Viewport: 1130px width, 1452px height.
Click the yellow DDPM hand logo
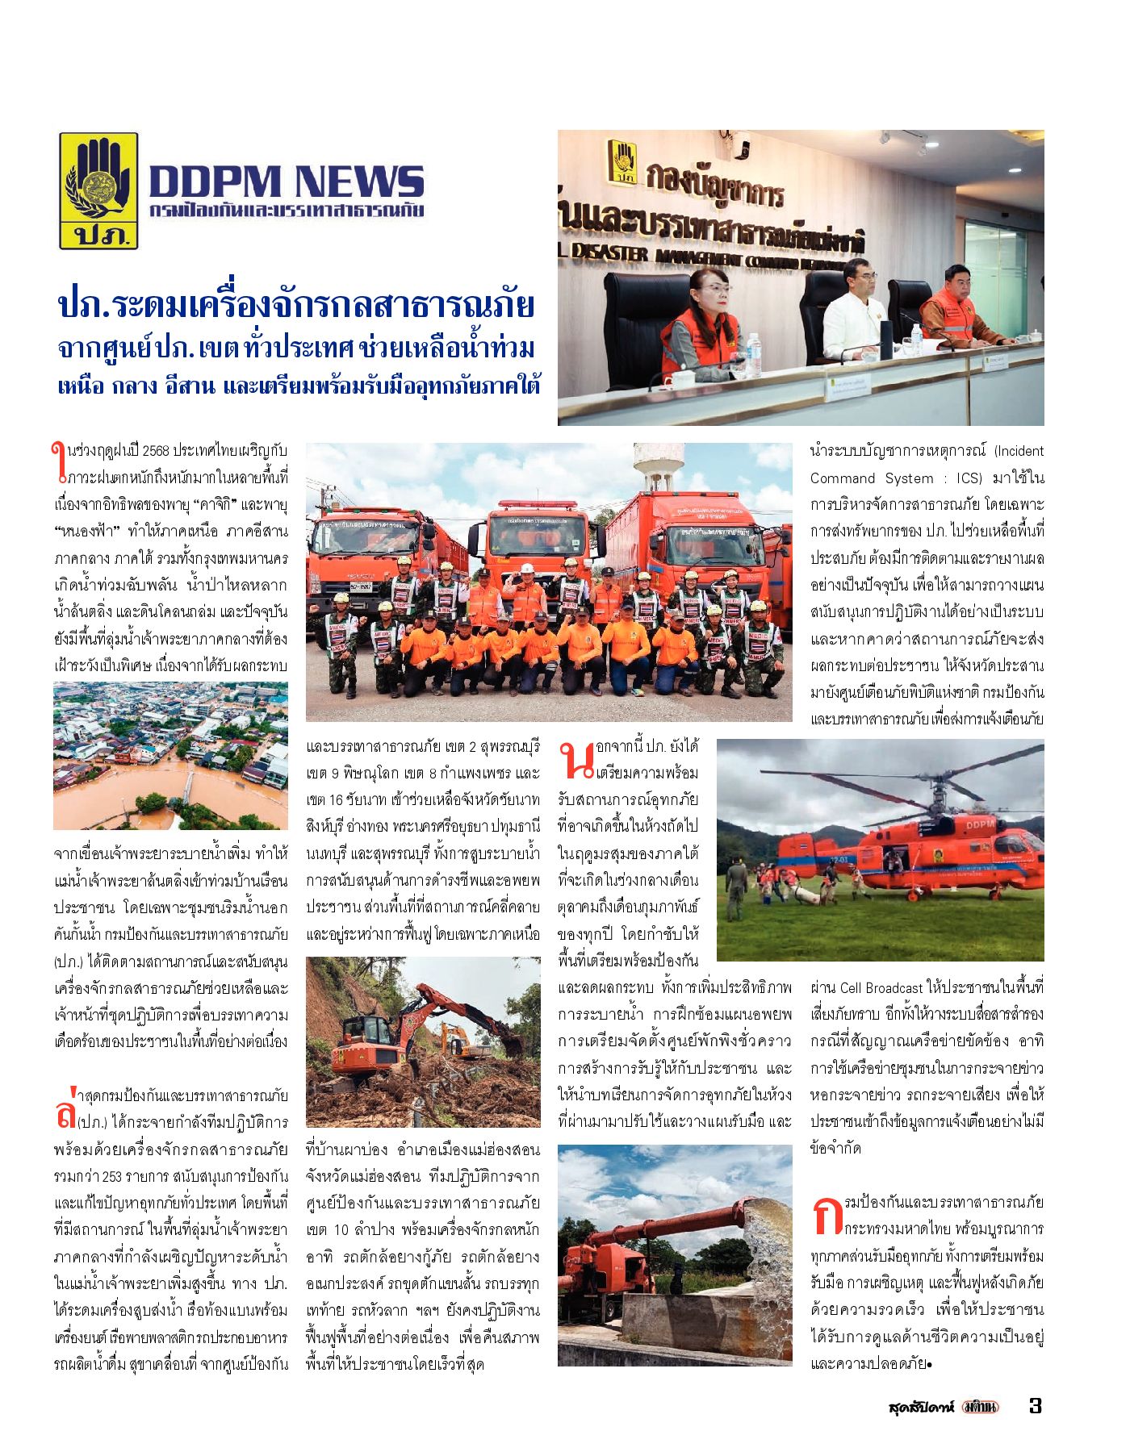pos(98,190)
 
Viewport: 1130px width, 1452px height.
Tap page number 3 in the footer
pos(1036,1405)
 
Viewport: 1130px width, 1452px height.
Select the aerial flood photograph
pos(170,755)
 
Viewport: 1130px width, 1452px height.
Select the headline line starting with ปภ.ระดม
pos(296,307)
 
